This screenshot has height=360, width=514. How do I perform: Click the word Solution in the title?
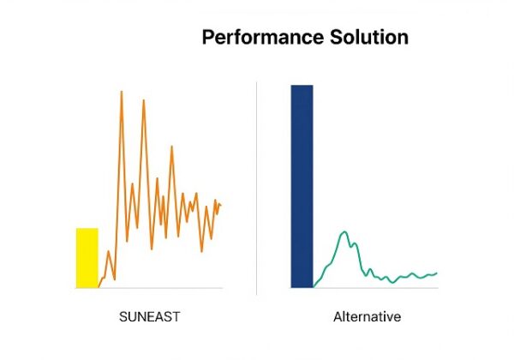coord(369,37)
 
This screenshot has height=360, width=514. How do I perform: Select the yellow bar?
coord(87,258)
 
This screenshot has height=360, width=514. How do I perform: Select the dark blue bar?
coord(302,187)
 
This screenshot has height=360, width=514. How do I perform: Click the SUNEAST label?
coord(149,317)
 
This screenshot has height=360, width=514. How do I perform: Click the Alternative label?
coord(368,317)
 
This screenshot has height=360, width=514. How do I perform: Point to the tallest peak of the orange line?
coord(122,92)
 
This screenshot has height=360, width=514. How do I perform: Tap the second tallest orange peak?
coord(144,100)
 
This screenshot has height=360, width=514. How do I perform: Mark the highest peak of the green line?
coord(344,231)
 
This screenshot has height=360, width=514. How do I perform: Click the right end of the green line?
coord(437,273)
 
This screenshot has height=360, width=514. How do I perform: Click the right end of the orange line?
coord(221,205)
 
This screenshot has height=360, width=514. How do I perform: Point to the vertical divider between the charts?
coord(256,189)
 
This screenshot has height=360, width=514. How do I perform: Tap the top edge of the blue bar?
coord(302,85)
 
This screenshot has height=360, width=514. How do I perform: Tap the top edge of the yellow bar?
coord(87,228)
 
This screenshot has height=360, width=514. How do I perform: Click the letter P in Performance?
coord(207,37)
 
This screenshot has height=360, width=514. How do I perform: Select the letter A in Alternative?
coord(338,317)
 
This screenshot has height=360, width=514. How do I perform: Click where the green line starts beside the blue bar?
coord(314,287)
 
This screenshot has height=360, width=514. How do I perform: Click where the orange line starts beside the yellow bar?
coord(99,287)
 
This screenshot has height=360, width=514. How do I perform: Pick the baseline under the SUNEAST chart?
coord(149,288)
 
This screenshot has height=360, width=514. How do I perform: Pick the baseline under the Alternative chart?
coord(365,288)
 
